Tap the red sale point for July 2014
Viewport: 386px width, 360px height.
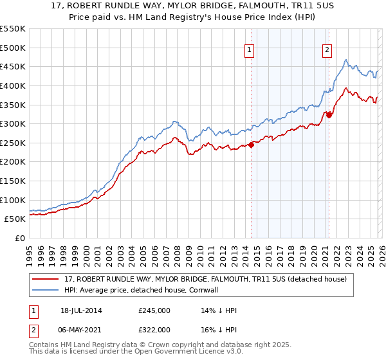pyautogui.click(x=251, y=145)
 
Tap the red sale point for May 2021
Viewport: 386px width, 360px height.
pyautogui.click(x=329, y=115)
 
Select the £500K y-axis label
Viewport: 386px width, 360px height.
pyautogui.click(x=14, y=48)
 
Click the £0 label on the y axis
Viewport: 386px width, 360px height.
pyautogui.click(x=19, y=238)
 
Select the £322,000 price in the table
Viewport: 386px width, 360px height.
pyautogui.click(x=154, y=329)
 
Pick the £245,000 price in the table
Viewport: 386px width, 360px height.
pyautogui.click(x=154, y=310)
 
